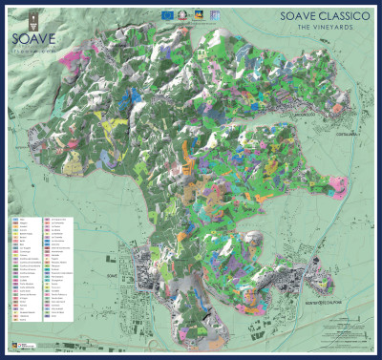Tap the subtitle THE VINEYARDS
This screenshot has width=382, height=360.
pyautogui.click(x=320, y=27)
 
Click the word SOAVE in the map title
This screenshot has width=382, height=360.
pyautogui.click(x=294, y=16)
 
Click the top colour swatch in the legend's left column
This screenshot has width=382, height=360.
pyautogui.click(x=14, y=219)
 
